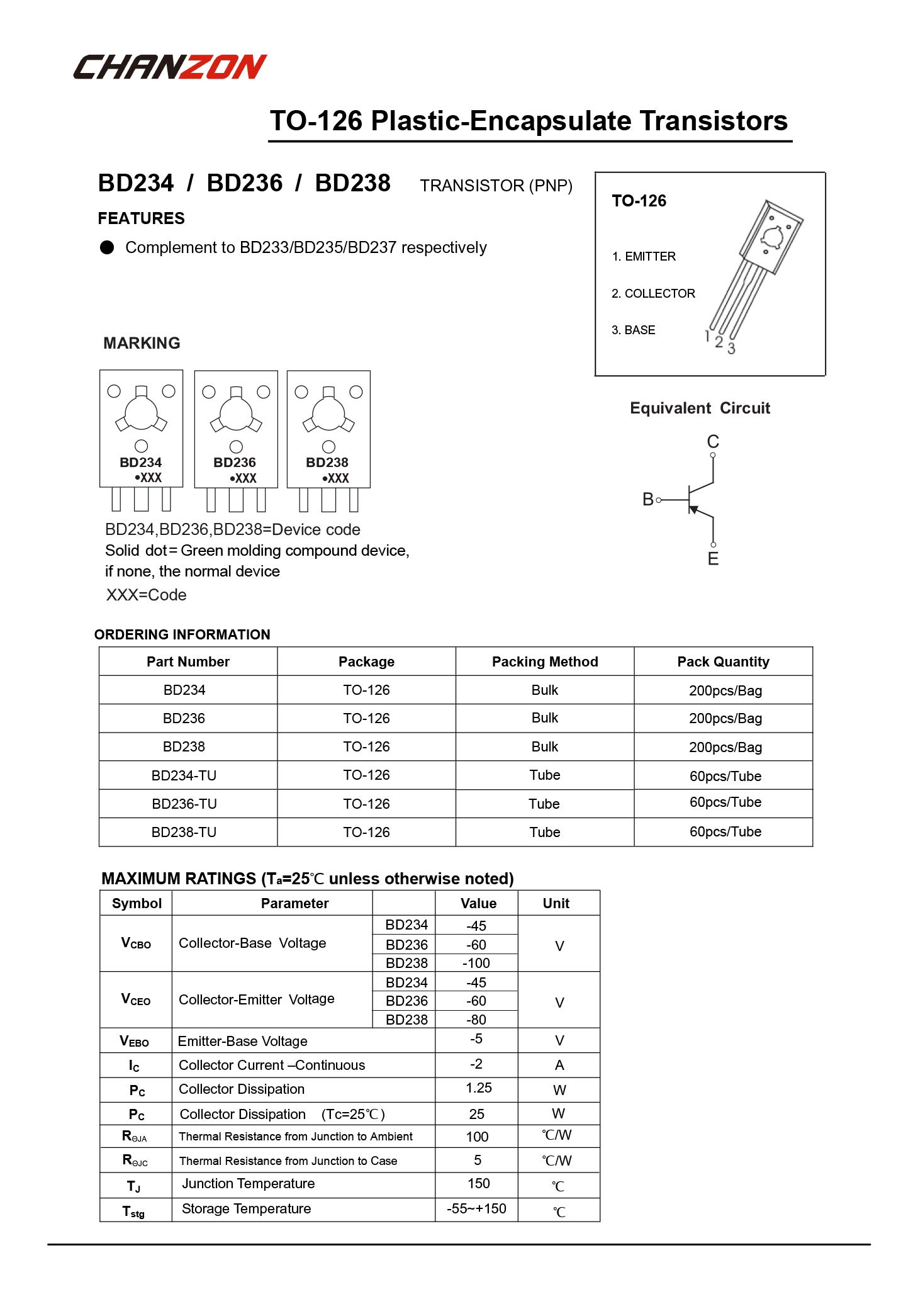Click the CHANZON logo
click(170, 67)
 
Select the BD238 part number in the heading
click(352, 183)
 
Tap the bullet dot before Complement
click(107, 247)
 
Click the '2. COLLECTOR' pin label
click(653, 293)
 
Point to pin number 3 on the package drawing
click(731, 348)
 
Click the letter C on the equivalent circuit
click(713, 441)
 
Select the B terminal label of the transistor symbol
click(648, 500)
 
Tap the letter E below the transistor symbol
click(713, 559)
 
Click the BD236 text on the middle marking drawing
click(235, 463)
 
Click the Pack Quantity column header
click(723, 661)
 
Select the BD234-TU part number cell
click(184, 775)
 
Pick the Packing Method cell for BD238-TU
click(544, 832)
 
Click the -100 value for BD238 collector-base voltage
click(476, 963)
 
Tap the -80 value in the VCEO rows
click(476, 1020)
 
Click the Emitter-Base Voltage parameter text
click(243, 1041)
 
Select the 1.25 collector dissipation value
click(478, 1088)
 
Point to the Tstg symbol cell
click(133, 1211)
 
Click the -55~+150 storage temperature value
click(476, 1208)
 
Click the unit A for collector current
click(559, 1065)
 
